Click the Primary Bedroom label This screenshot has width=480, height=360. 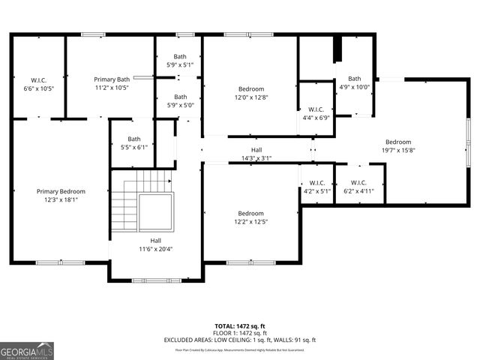61,196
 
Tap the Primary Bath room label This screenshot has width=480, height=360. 112,83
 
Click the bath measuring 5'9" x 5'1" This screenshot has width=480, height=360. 180,61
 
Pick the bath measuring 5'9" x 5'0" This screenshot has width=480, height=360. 180,100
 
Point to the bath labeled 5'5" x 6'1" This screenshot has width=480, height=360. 133,142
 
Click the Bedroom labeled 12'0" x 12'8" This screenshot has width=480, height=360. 250,93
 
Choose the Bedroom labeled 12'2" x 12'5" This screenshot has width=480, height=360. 250,217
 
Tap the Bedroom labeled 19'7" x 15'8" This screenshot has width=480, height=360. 398,147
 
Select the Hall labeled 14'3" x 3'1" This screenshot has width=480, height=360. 256,154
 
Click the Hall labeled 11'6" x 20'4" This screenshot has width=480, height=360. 155,244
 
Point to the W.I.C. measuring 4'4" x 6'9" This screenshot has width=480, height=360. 316,113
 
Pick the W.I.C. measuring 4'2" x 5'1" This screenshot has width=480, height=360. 316,187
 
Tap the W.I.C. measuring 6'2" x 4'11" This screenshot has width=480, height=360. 358,187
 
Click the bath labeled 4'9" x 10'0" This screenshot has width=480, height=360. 354,82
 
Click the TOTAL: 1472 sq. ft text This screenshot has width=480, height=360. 240,326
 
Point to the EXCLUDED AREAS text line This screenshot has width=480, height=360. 240,340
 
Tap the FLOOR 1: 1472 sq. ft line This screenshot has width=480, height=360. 240,333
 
